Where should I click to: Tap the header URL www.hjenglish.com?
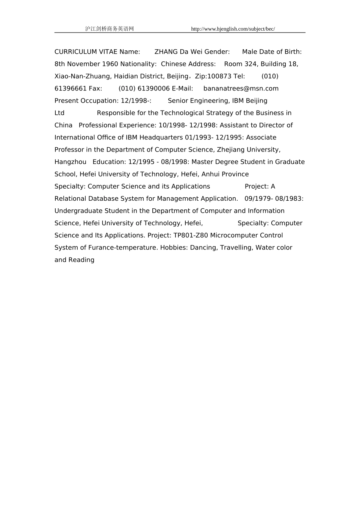(x=233, y=29)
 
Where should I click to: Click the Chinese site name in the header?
(x=110, y=29)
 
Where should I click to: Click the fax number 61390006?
(x=153, y=89)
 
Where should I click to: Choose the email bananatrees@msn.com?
(x=241, y=89)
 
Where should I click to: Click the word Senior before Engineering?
(x=178, y=101)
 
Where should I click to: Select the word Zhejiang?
(x=231, y=150)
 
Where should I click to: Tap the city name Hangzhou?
(x=70, y=162)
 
